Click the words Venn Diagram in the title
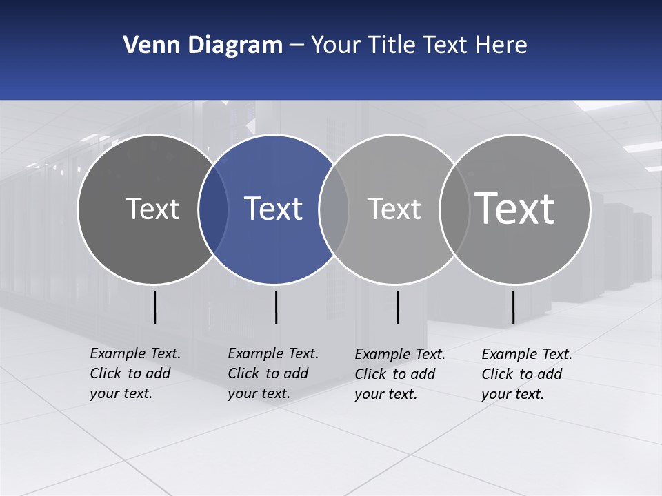coord(203,45)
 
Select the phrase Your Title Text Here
coord(419,45)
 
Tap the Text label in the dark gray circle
coord(152,209)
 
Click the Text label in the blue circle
coord(274,209)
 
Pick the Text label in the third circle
coord(394,209)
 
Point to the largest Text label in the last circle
coord(515,208)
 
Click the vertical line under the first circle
coord(155,307)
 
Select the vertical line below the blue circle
coord(276,307)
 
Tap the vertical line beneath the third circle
coord(397,307)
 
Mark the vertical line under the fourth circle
coord(513,307)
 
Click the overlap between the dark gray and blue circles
coord(213,209)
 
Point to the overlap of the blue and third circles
coord(334,209)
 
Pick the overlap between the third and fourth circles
coord(454,209)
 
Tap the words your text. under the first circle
coord(121,394)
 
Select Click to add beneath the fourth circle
coord(522,374)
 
